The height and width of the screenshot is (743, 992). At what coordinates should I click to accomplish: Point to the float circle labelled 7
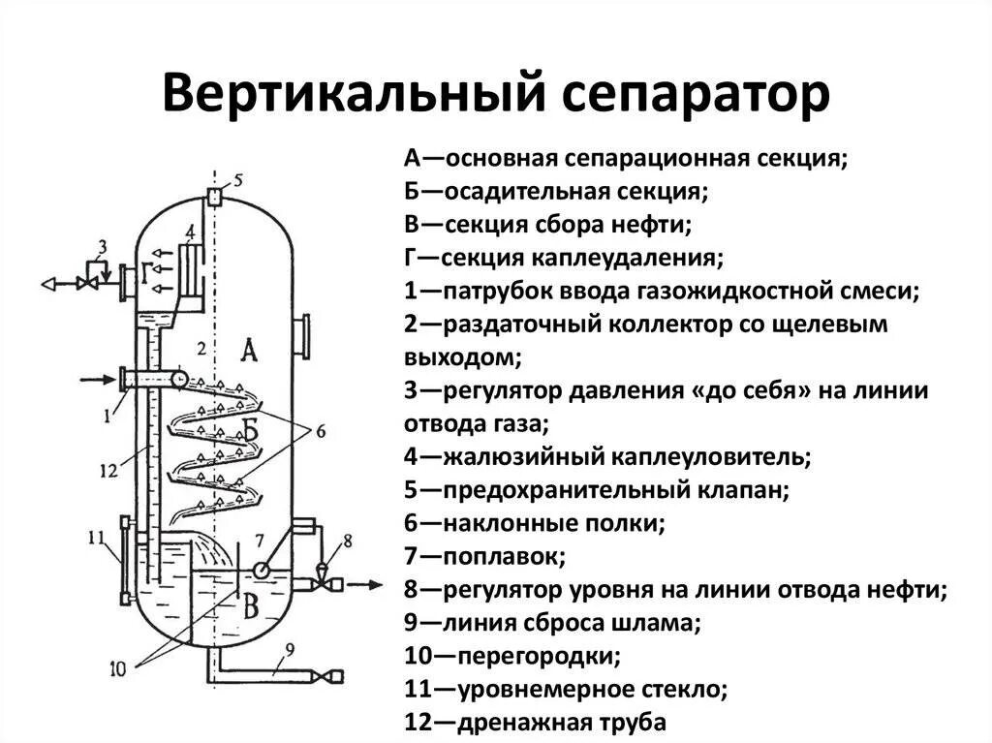260,570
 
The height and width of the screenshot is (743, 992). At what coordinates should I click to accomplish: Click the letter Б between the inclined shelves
251,433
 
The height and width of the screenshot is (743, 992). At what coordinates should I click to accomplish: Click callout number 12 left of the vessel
108,471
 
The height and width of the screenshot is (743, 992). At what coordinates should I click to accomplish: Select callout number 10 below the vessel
118,668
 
